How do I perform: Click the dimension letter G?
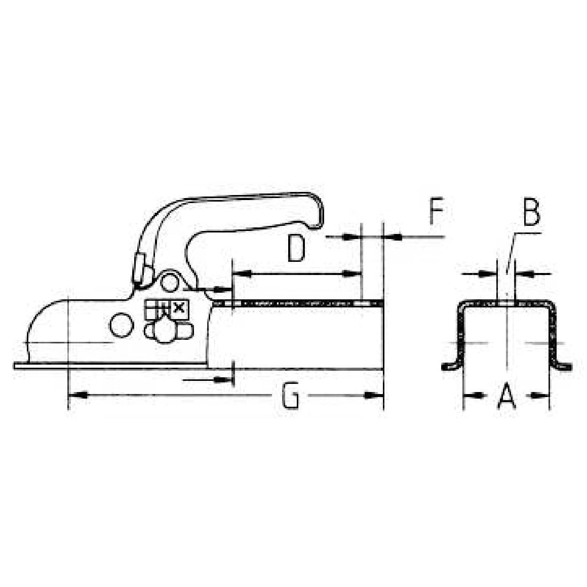290,396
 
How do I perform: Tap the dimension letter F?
437,212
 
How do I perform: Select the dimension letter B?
531,213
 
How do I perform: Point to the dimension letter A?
506,396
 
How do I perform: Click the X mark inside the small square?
178,307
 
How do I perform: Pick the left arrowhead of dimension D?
242,273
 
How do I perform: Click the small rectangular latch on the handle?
139,268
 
